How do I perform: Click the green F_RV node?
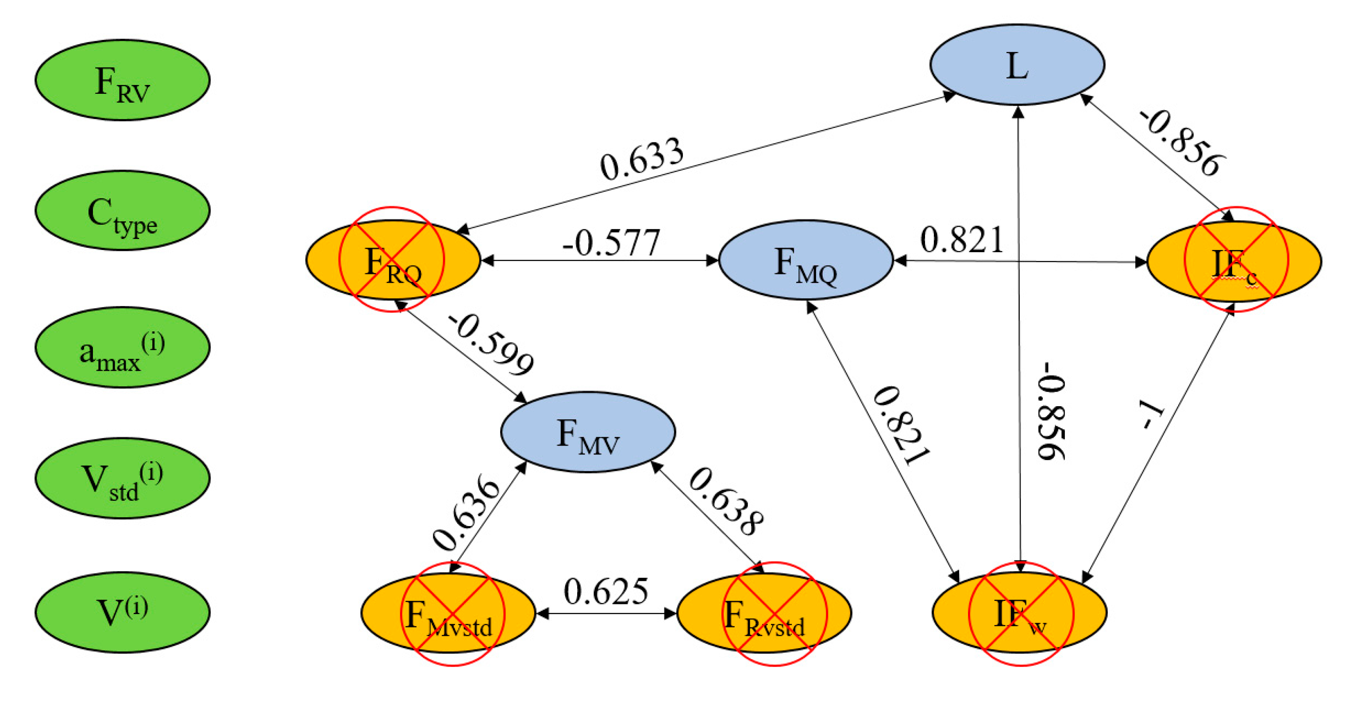(x=122, y=80)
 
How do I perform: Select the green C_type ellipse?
(x=122, y=210)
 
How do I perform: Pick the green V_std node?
(x=122, y=478)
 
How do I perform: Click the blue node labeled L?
(x=1017, y=65)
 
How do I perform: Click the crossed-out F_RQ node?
(x=393, y=260)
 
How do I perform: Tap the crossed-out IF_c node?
(x=1234, y=261)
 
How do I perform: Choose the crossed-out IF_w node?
(x=1019, y=613)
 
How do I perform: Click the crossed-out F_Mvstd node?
(x=448, y=613)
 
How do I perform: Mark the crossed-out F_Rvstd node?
(x=764, y=613)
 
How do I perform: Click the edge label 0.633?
(x=641, y=158)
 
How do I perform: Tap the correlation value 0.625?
(x=605, y=592)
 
